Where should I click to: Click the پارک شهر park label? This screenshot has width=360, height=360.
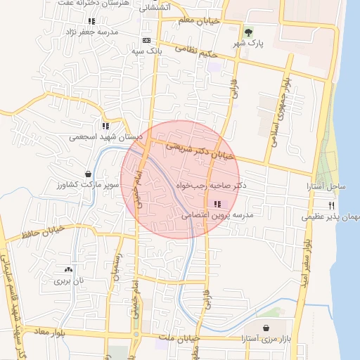(x=248, y=44)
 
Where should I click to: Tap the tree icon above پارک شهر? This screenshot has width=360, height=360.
(x=248, y=32)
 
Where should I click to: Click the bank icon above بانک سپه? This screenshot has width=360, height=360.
(x=146, y=41)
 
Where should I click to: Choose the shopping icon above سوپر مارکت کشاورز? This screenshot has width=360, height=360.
(x=88, y=174)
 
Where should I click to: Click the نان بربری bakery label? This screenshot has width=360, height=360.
(x=69, y=280)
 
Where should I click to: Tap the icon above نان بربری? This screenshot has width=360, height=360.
(x=68, y=269)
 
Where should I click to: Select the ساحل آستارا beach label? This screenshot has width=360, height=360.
(x=326, y=187)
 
